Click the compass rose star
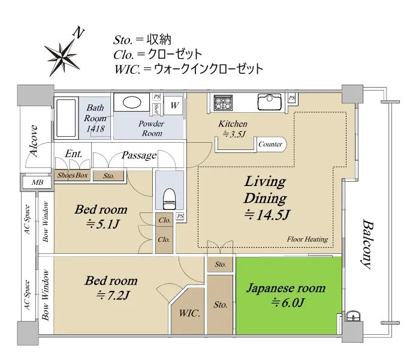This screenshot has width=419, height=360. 62,57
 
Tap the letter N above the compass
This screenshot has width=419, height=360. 79,32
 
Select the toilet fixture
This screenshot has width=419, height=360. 169,199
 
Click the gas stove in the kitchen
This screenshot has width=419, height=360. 223,103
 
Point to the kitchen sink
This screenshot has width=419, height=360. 269,102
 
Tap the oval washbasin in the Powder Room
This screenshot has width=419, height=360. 132,102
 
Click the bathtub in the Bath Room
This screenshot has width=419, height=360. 66,118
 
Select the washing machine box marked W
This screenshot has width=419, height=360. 174,105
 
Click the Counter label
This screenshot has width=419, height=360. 270,144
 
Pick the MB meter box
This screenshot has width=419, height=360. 37,182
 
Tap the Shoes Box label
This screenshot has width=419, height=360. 73,175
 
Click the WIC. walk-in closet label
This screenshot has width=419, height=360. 189,313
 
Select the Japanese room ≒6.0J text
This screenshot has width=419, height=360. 286,295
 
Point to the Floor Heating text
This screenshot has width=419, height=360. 308,239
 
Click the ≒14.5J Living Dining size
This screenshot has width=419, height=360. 267,215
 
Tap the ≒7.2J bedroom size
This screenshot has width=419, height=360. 113,295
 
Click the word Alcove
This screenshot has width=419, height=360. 34,140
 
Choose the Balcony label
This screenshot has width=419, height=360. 367,244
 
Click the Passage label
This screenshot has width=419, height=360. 139,155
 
